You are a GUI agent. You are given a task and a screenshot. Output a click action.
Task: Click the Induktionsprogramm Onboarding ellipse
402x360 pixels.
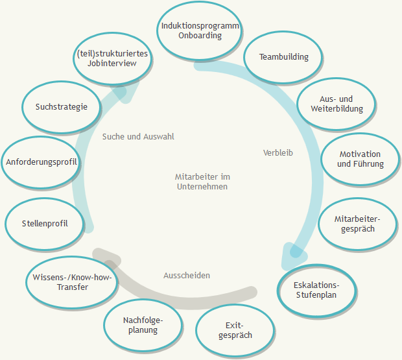tap(200, 30)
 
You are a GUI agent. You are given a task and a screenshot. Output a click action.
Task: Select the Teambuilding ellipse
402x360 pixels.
tap(284, 57)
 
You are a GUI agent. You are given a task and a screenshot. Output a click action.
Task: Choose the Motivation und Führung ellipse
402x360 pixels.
tap(360, 159)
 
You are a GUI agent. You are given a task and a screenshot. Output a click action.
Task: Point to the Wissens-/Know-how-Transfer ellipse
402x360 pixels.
tap(72, 282)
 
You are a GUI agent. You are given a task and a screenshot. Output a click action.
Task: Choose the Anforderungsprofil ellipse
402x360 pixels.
tap(41, 162)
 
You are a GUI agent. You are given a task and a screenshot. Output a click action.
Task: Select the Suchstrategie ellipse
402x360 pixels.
tap(62, 107)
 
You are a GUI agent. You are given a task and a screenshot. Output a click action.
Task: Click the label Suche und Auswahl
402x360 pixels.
tap(138, 137)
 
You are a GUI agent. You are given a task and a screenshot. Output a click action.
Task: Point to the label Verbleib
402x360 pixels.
tap(278, 153)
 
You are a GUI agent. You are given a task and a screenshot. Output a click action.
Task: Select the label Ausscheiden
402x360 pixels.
tap(187, 276)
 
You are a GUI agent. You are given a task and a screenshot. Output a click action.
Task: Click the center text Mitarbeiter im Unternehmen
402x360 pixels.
tap(202, 181)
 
